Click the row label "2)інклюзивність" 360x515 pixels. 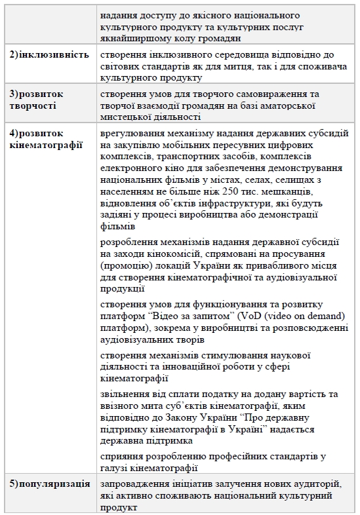pyautogui.click(x=50, y=54)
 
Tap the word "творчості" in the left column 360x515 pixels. pyautogui.click(x=33, y=105)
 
